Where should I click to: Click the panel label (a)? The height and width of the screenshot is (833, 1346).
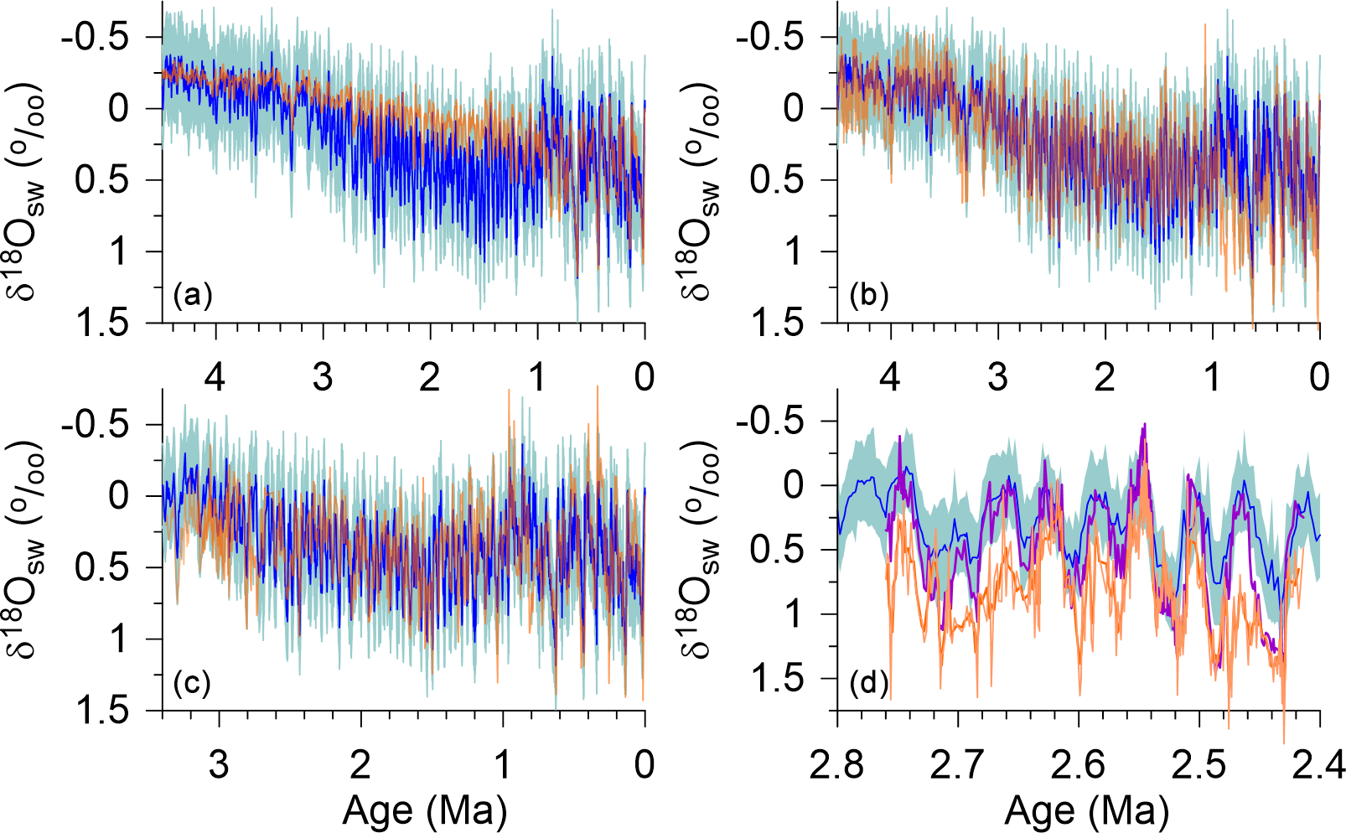192,296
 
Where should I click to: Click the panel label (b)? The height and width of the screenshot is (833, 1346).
868,296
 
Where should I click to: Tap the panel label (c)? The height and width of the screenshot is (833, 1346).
192,684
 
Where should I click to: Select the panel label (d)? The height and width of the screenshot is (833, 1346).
868,684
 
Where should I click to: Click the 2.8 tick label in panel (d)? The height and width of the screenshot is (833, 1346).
838,764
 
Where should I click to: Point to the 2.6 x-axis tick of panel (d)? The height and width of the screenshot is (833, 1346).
1079,764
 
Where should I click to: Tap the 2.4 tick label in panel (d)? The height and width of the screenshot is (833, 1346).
1319,764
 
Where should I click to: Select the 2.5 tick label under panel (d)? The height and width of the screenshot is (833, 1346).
1199,764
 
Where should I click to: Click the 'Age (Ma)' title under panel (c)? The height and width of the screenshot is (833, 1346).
425,810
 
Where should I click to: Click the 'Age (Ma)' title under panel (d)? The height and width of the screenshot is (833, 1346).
1086,810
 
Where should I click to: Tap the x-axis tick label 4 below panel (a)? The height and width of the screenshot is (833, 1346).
215,377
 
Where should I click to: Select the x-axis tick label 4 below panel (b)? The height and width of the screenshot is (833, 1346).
890,377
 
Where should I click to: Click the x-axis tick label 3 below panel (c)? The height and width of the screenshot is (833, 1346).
219,764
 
